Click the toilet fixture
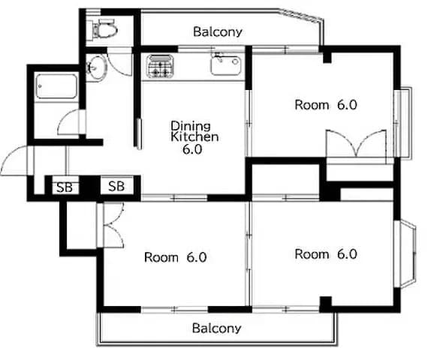coord(104,28)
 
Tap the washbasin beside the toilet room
coord(96,67)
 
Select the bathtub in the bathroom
coord(56,86)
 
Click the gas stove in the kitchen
coord(160,66)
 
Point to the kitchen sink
coord(226,65)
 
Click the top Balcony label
coord(218,32)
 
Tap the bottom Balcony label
coord(217,328)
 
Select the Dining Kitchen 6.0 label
coord(194,138)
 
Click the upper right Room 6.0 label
coord(326,105)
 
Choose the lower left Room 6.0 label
coord(175,257)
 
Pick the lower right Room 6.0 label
coord(326,254)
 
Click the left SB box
coord(65,187)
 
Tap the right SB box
coord(117,186)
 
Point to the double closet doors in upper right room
coord(356,144)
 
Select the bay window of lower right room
coord(405,253)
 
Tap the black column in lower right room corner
coord(326,304)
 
